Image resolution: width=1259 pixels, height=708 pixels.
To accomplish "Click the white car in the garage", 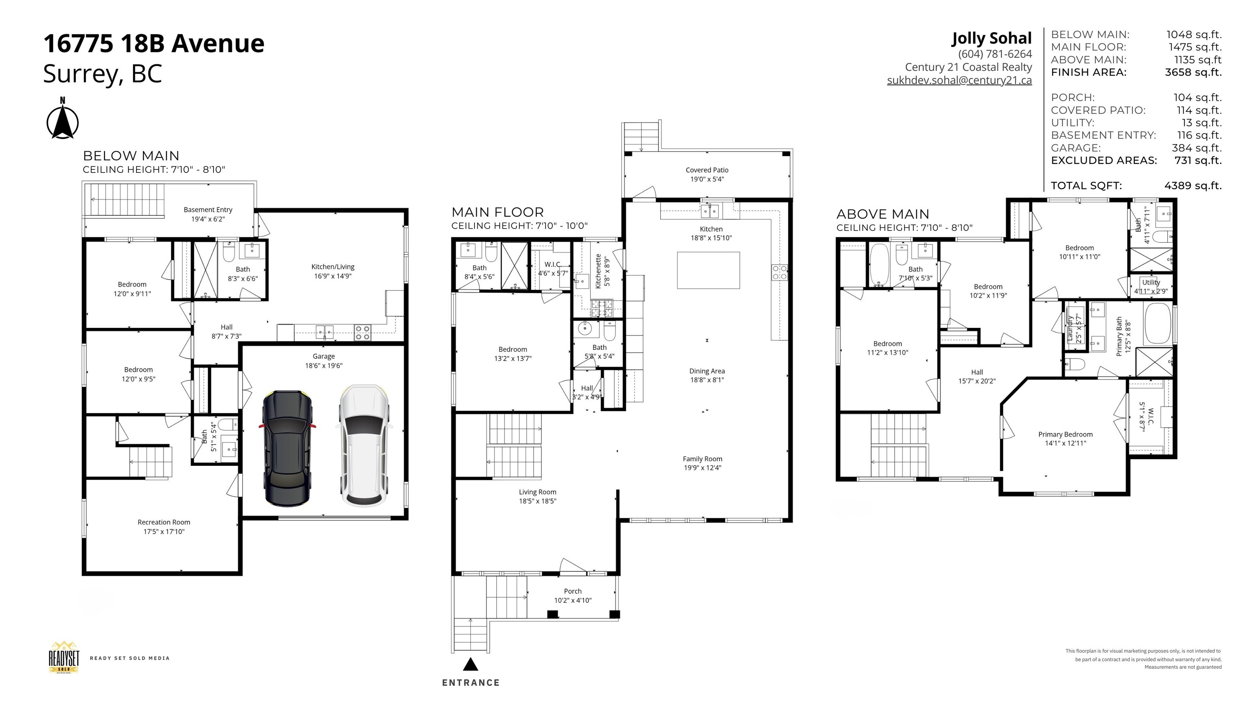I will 364,446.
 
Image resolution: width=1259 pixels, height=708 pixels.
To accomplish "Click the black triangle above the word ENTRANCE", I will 470,664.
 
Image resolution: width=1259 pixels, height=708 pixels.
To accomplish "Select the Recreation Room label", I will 164,522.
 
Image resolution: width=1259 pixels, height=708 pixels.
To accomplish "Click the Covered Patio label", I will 707,170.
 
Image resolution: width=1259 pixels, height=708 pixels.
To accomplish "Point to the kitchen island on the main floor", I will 708,270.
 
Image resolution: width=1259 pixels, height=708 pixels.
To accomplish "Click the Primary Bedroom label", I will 1065,434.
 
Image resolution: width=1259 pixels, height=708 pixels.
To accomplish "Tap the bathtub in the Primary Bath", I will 1158,323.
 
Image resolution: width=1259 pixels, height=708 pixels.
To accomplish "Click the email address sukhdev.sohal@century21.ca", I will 959,81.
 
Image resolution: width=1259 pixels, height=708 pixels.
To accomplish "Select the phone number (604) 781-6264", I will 995,54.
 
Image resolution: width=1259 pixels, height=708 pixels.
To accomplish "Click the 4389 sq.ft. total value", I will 1193,186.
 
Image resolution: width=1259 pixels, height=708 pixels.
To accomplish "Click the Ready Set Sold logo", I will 64,658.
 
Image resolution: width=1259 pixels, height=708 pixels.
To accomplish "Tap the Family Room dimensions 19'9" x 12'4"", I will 702,467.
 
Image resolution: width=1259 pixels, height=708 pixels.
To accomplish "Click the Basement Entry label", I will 208,210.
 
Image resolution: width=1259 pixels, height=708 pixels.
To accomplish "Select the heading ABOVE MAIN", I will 882,214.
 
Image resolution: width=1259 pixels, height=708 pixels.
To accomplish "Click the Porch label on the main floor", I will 572,591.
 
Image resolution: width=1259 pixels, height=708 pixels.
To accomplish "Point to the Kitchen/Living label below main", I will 333,267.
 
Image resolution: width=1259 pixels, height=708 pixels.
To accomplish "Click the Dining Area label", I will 707,371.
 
